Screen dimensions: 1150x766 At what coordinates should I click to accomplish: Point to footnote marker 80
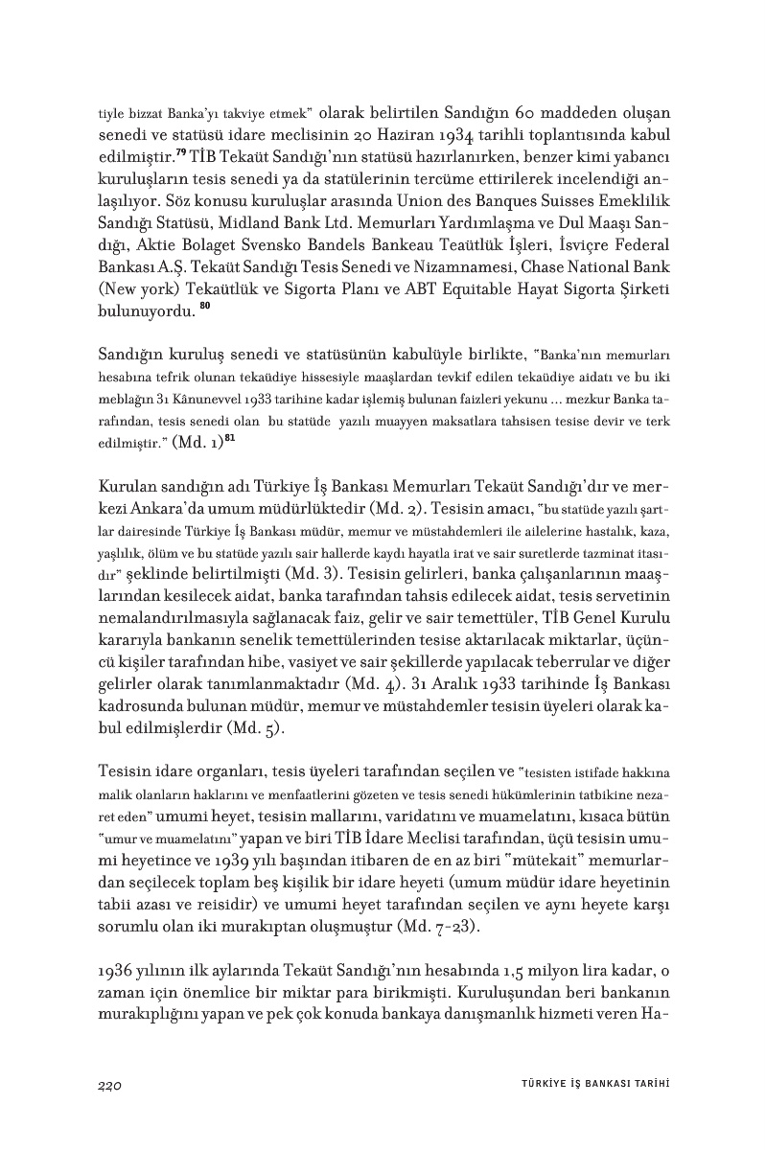point(204,306)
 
